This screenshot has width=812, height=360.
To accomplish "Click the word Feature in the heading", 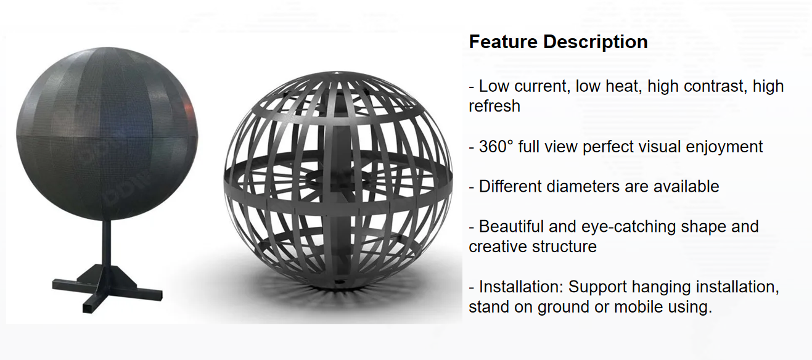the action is pos(503,42).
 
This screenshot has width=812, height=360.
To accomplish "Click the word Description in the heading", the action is pos(595,42).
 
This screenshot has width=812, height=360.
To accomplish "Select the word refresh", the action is pos(494,106).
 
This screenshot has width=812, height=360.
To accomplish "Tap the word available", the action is pos(686,186).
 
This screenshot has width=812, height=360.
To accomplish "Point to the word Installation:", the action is pos(521,287).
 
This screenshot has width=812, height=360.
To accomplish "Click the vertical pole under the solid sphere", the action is pos(107,243).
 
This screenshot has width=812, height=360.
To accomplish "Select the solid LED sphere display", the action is pos(107,133).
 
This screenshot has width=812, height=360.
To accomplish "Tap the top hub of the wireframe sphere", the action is pos(337,73).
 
